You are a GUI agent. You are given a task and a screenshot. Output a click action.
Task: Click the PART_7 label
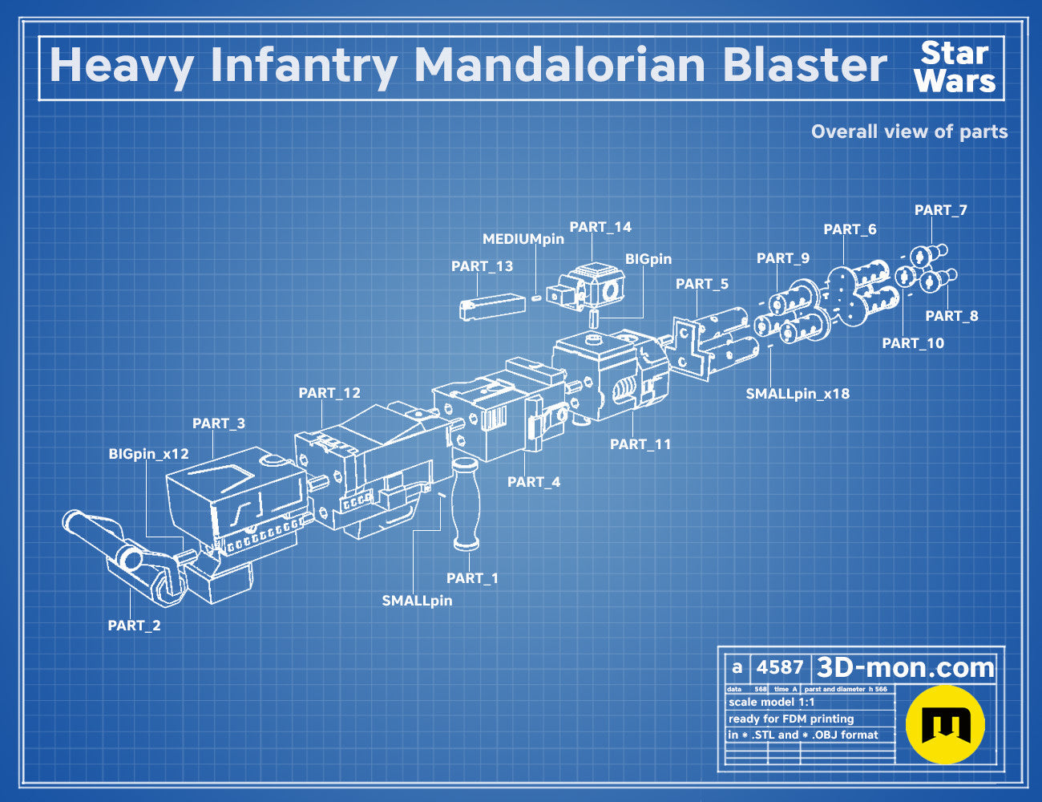pyautogui.click(x=940, y=210)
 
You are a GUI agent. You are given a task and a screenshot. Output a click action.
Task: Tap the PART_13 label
pyautogui.click(x=482, y=266)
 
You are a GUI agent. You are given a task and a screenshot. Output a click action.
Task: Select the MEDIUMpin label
pyautogui.click(x=523, y=239)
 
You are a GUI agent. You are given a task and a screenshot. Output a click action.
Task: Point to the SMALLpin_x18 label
pyautogui.click(x=798, y=394)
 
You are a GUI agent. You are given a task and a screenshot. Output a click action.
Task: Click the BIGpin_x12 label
pyautogui.click(x=148, y=454)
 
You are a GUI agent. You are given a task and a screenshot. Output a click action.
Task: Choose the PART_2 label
pyautogui.click(x=135, y=626)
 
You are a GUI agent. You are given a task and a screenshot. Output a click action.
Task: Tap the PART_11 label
pyautogui.click(x=640, y=444)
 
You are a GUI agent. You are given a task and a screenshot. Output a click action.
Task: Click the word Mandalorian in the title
pyautogui.click(x=559, y=65)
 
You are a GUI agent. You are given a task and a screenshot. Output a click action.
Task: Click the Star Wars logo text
pyautogui.click(x=955, y=67)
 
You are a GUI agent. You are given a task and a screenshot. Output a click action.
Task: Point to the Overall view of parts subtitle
pyautogui.click(x=909, y=132)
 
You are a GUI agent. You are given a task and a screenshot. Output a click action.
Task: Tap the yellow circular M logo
pyautogui.click(x=945, y=725)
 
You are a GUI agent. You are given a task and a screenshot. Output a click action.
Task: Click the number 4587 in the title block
pyautogui.click(x=779, y=667)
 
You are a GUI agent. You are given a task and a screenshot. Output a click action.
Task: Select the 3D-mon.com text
pyautogui.click(x=905, y=667)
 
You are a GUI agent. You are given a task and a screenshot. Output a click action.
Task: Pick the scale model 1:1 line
pyautogui.click(x=772, y=703)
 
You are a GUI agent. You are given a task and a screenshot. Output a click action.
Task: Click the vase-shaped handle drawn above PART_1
pyautogui.click(x=466, y=503)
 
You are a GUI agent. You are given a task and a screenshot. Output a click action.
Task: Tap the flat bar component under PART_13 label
pyautogui.click(x=492, y=306)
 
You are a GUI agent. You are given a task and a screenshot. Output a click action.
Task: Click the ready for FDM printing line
pyautogui.click(x=791, y=719)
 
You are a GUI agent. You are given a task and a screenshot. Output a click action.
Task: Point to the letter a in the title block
pyautogui.click(x=737, y=667)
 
